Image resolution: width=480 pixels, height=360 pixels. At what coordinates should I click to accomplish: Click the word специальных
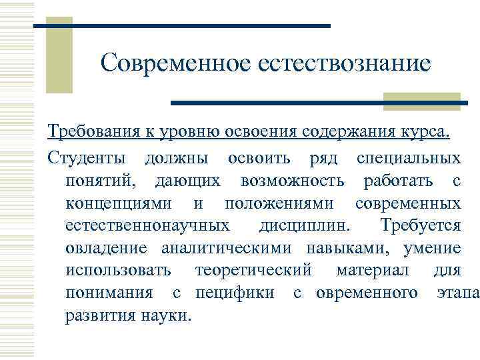pos(408,159)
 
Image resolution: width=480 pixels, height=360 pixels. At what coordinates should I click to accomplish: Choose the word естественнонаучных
pos(149,225)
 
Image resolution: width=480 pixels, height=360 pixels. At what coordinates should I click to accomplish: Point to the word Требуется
pos(419,225)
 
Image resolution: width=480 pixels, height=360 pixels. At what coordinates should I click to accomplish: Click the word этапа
pos(457,293)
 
